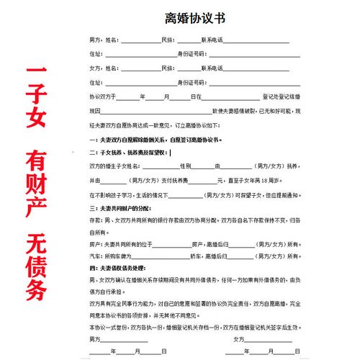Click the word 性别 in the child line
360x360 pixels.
coord(185,166)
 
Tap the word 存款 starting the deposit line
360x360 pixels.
coord(95,221)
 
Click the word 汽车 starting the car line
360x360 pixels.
coord(95,253)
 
